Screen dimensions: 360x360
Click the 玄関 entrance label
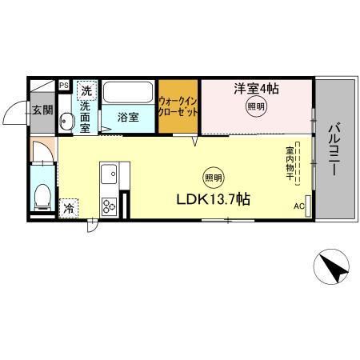point(42,110)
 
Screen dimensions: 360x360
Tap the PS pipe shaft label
point(63,84)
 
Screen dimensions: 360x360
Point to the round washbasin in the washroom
point(67,122)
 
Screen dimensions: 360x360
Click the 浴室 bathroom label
point(127,117)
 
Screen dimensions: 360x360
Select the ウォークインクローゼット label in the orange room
point(178,107)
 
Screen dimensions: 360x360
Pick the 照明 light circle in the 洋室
point(256,108)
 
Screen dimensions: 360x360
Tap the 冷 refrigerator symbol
point(69,207)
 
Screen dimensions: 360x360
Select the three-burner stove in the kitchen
point(109,205)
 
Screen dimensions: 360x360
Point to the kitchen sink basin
point(109,174)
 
